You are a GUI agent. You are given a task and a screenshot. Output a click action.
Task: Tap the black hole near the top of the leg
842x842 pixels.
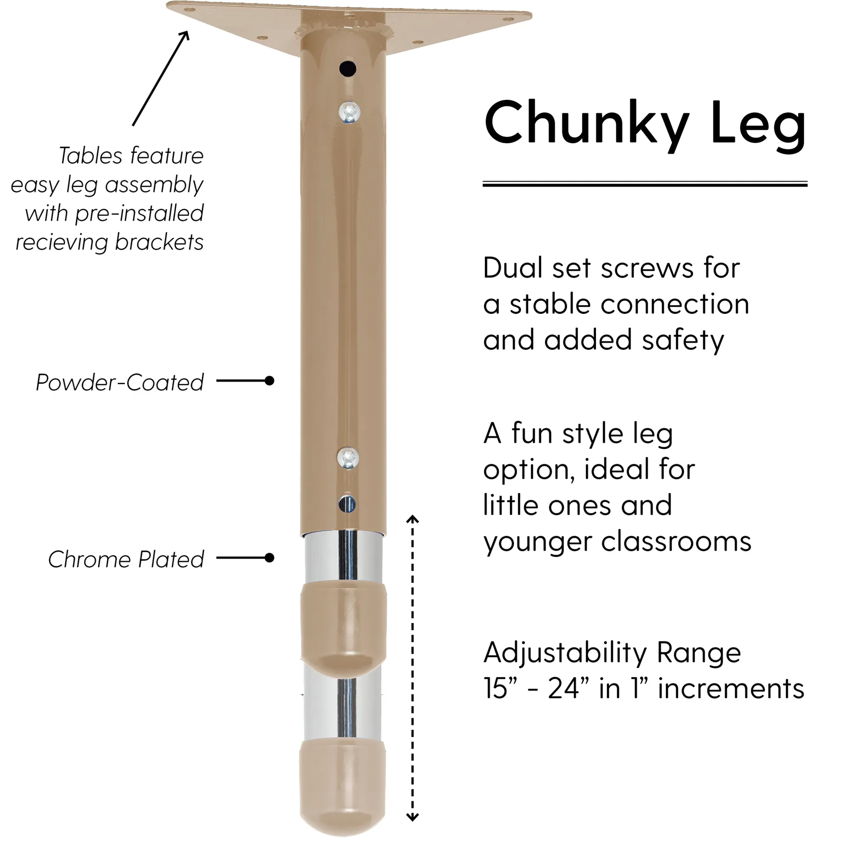click(348, 69)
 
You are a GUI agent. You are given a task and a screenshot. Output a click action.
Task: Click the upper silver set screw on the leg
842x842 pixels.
click(349, 112)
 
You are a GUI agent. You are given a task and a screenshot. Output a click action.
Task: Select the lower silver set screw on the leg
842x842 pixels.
click(348, 458)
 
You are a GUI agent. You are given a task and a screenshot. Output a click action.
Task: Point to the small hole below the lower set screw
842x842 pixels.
click(347, 504)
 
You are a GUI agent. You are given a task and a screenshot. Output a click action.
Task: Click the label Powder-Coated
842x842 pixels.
click(120, 382)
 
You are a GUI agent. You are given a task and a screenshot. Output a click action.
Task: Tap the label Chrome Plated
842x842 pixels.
click(126, 559)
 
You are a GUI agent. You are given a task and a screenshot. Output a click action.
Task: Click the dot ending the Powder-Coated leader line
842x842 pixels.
click(270, 381)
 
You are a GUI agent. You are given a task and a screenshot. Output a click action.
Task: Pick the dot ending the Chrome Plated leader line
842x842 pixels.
click(270, 558)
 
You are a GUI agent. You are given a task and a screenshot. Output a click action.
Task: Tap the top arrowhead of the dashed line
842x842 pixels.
click(412, 519)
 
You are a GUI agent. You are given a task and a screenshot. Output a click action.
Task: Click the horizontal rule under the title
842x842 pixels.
click(645, 184)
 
